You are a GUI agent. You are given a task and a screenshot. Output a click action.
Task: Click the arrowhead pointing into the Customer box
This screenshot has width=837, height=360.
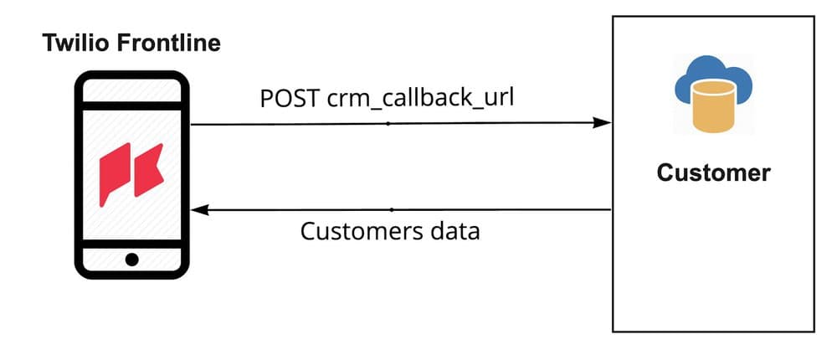[602, 123]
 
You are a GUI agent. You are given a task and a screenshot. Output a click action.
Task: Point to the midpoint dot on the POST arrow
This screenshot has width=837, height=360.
[388, 123]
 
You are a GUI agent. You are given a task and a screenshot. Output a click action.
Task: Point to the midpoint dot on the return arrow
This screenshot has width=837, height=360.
[392, 209]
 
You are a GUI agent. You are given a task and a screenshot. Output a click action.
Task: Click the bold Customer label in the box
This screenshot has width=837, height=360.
[713, 172]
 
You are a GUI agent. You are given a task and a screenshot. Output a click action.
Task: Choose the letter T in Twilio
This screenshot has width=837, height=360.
[49, 43]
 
